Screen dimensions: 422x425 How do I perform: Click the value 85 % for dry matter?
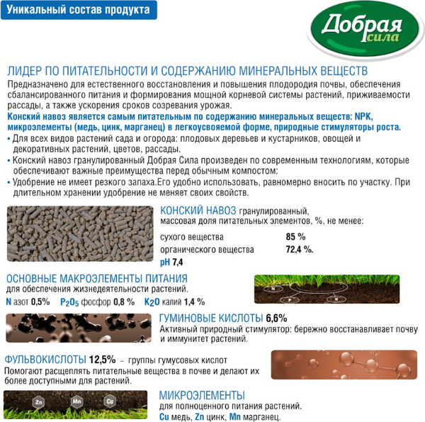tap(295, 237)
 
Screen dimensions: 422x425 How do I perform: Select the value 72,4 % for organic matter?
tap(299, 250)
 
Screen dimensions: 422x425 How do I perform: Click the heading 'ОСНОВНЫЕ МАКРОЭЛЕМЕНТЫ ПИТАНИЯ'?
tap(97, 278)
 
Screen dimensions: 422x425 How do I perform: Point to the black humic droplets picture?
tap(79, 329)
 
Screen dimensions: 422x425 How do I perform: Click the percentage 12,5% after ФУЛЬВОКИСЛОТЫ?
tap(102, 358)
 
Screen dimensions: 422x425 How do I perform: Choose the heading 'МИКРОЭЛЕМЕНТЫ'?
tap(202, 395)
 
